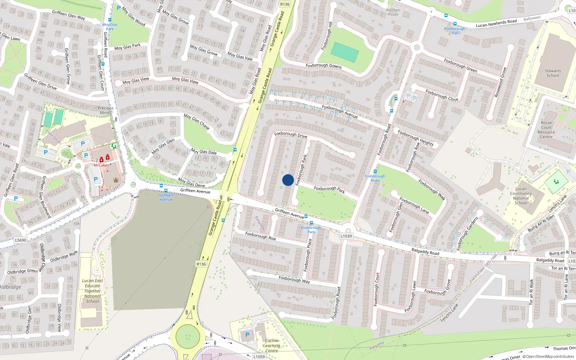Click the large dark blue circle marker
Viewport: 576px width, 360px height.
coord(288,180)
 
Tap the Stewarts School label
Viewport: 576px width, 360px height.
coord(553,73)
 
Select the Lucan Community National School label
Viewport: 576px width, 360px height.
coord(521,196)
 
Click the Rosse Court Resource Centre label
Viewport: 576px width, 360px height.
coord(546,130)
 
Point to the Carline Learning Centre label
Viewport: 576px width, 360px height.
coord(272,346)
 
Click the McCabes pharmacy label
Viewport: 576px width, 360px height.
coord(102,165)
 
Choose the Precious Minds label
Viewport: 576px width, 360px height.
coord(105,110)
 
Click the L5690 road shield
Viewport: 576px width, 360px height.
coord(21,240)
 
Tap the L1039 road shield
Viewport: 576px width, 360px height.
coord(346,236)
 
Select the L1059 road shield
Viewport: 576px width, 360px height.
coord(259,357)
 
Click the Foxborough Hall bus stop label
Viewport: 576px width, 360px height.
coord(455,31)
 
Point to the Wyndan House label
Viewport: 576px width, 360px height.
coord(393,12)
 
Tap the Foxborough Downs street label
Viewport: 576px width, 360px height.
coord(324,66)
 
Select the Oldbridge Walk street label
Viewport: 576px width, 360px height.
coord(64,257)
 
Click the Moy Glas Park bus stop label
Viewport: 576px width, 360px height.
coord(110,27)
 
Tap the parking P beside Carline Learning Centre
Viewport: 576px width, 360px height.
coord(247,335)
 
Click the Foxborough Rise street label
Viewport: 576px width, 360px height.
coord(261,236)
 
